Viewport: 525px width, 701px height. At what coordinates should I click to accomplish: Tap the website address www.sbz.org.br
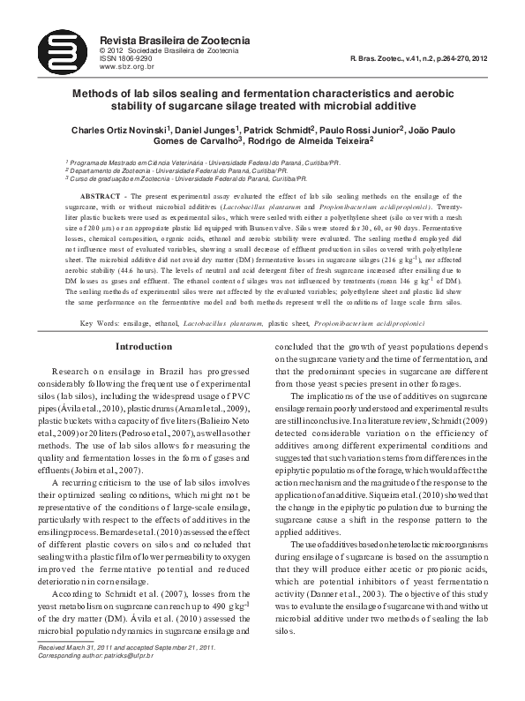129,66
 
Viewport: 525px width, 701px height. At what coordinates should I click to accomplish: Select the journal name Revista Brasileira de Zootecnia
175,40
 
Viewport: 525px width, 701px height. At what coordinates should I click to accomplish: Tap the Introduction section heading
144,347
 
